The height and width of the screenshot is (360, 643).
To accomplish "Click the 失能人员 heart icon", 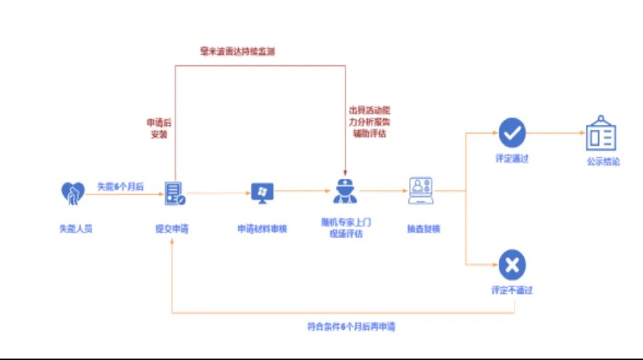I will (x=73, y=193).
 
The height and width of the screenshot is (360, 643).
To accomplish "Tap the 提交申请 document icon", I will (x=174, y=193).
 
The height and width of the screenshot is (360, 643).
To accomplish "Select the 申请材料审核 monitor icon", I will (x=262, y=192).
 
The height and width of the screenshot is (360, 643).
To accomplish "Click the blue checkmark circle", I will (x=512, y=132).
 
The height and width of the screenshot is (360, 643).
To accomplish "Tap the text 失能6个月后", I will (x=120, y=186).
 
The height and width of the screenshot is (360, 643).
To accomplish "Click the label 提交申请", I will (x=172, y=229).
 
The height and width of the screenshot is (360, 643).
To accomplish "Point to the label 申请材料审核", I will (x=263, y=229).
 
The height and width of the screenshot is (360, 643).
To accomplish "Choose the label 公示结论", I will (x=603, y=162).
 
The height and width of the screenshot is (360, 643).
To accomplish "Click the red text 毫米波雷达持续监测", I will (x=237, y=52).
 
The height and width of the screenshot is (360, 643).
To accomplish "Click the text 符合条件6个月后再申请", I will (x=351, y=326).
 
